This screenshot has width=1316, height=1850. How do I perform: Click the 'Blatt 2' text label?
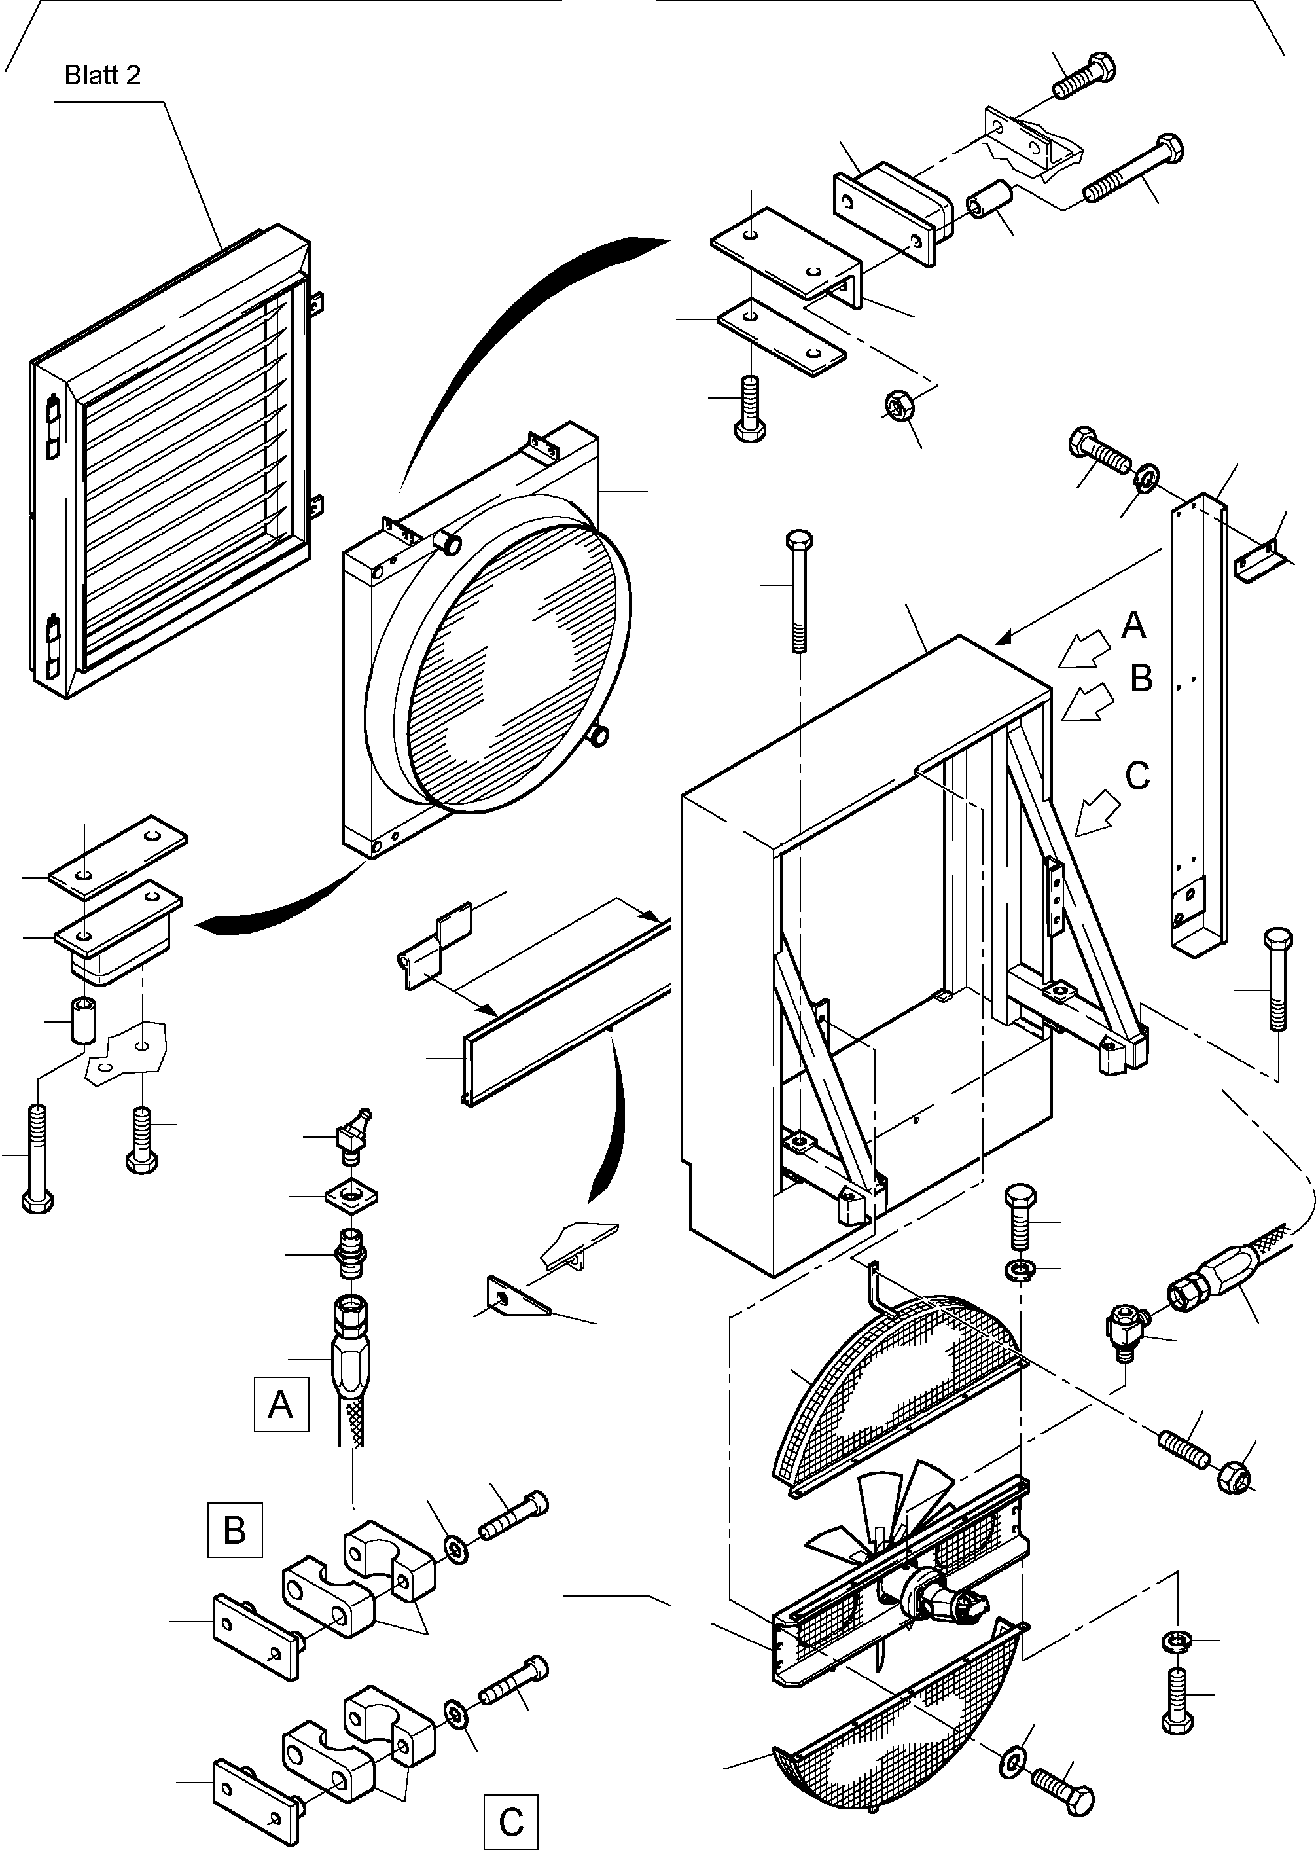(102, 75)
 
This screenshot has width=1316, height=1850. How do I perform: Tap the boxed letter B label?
(235, 1531)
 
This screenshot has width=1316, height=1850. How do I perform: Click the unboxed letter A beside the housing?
(1133, 625)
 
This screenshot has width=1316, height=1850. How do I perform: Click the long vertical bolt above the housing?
(799, 591)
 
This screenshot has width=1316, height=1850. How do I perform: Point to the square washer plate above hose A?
(350, 1196)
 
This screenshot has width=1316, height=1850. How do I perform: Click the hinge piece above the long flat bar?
(435, 946)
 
